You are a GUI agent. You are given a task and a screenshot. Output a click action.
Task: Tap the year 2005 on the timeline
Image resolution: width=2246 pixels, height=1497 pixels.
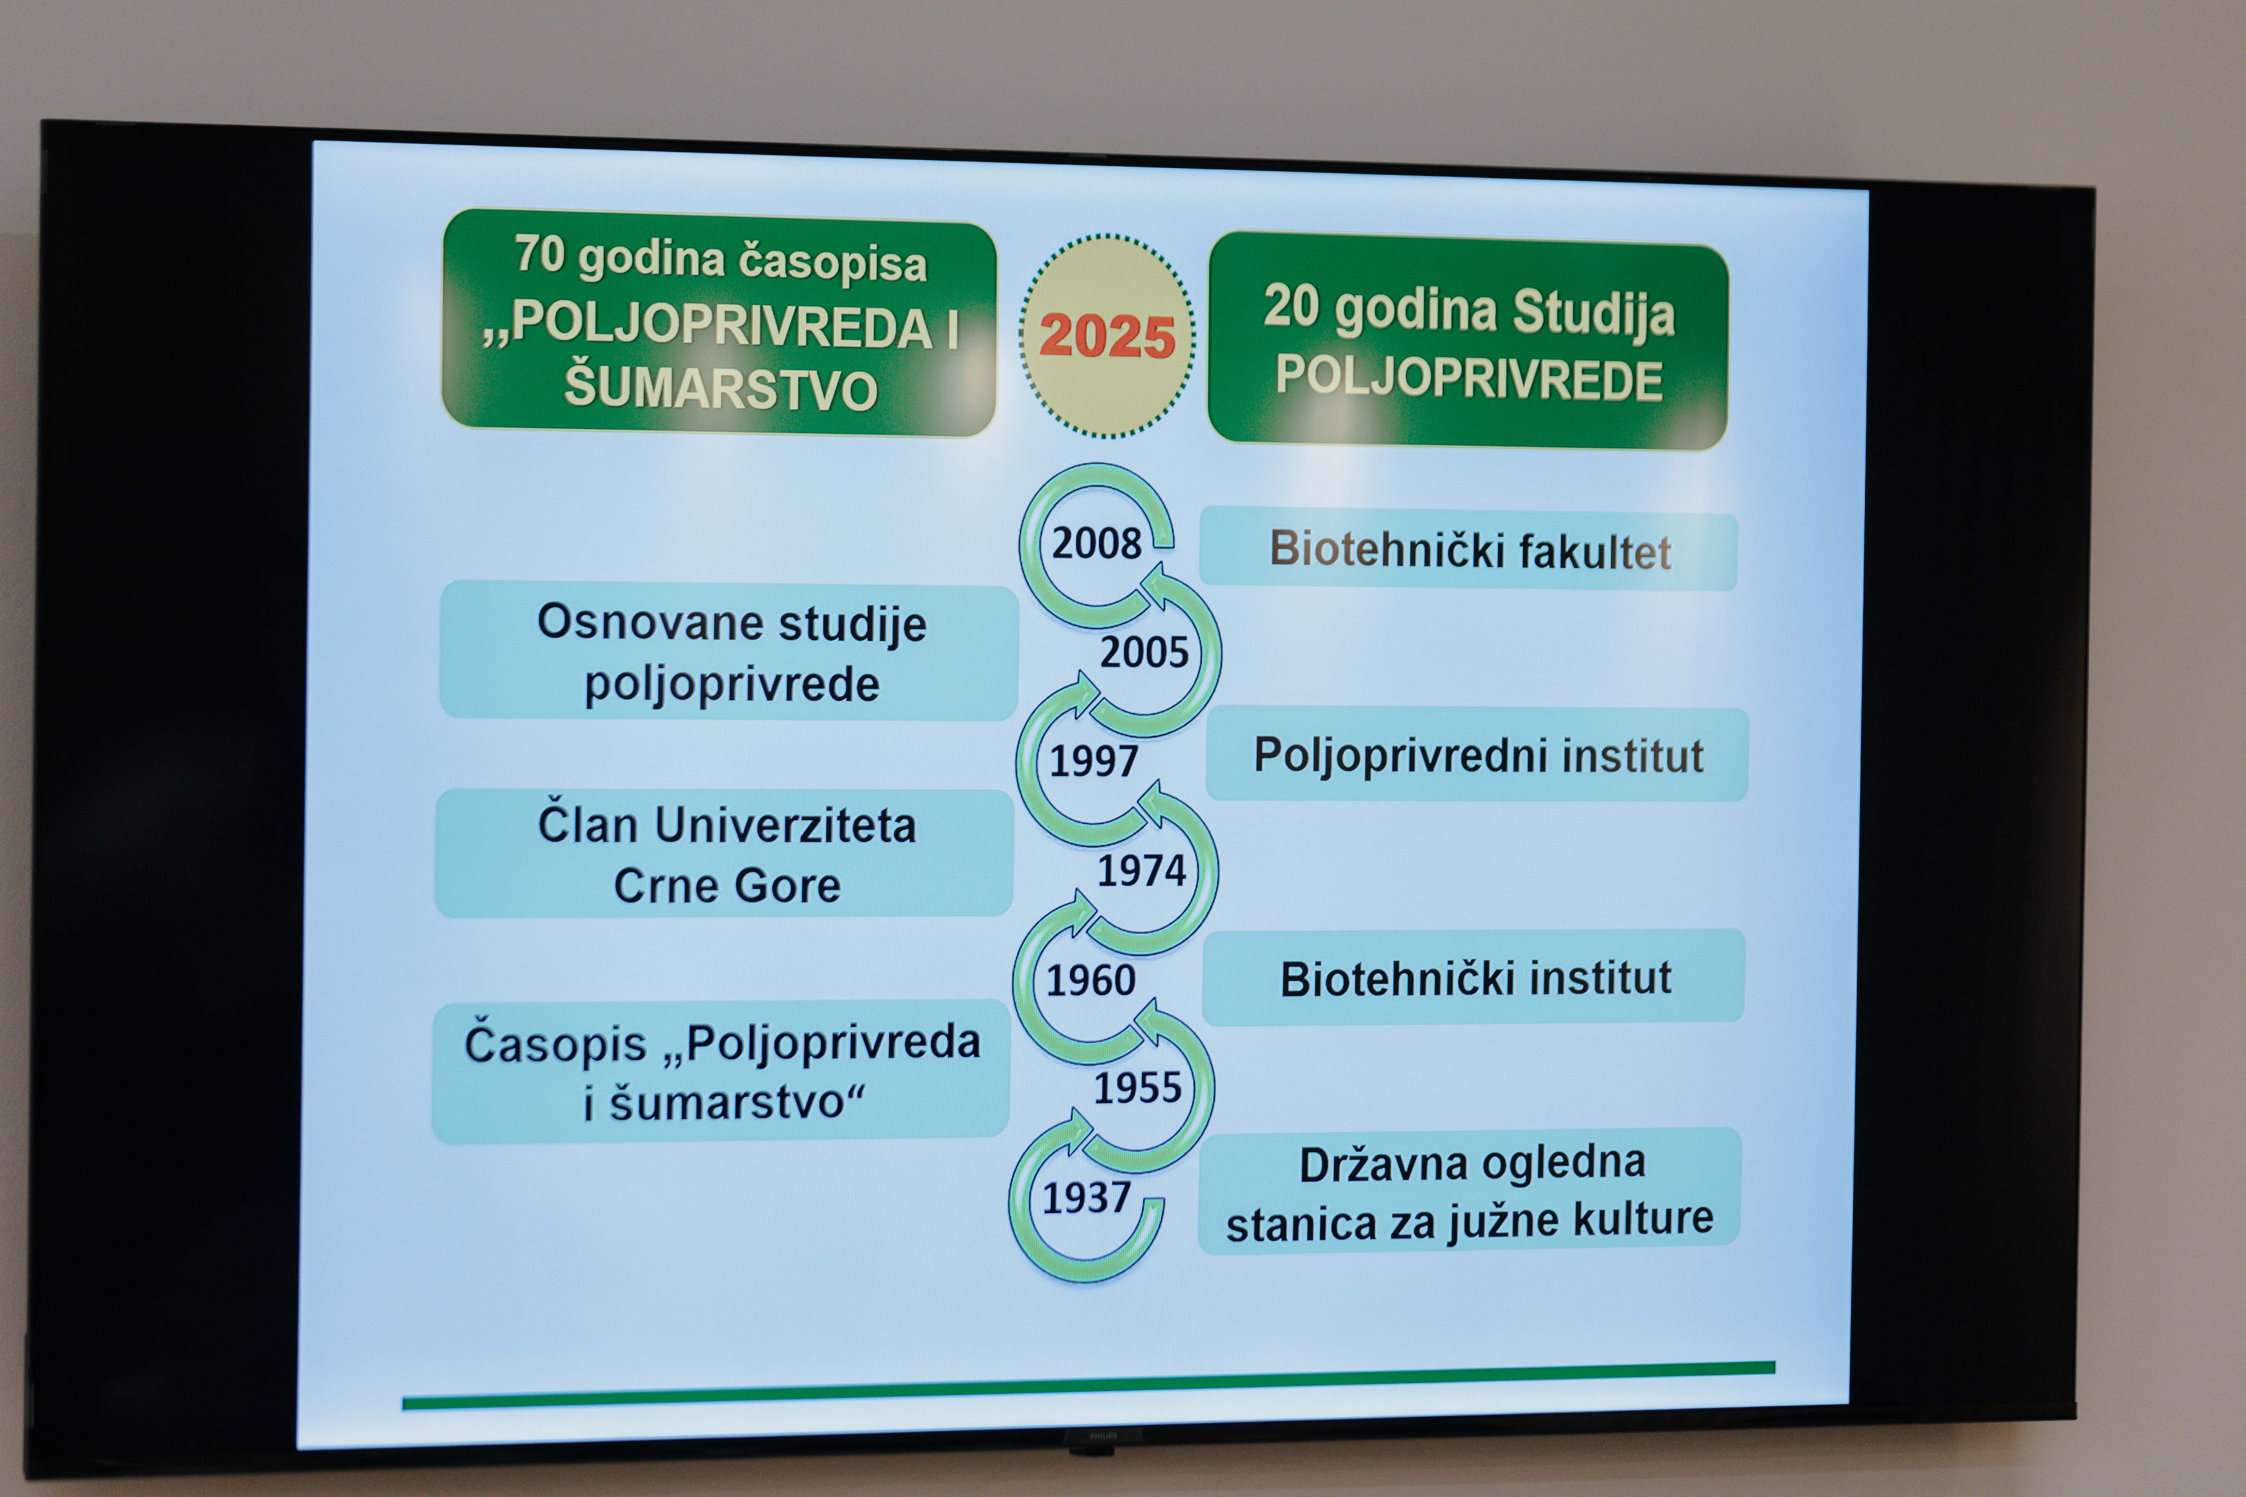coord(1144,652)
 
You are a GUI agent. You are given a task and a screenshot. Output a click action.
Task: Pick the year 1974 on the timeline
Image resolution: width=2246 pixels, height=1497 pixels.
coord(1141,871)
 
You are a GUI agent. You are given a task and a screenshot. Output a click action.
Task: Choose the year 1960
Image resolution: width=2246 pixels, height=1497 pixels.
coord(1091,980)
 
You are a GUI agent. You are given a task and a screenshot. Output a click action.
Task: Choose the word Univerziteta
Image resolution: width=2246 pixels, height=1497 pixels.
coord(785,826)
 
